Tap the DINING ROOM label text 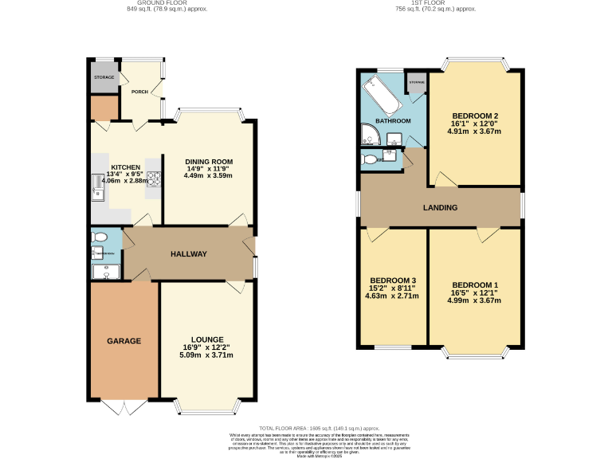tap(209, 161)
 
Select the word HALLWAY tap(189, 254)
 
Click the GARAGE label tap(124, 341)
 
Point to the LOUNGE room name tap(207, 339)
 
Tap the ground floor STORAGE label tap(104, 77)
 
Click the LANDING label tap(440, 208)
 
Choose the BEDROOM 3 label tap(392, 280)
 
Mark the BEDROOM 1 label tap(475, 285)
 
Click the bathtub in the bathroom tap(381, 96)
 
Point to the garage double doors tap(124, 406)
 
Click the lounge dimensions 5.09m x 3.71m tap(207, 355)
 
